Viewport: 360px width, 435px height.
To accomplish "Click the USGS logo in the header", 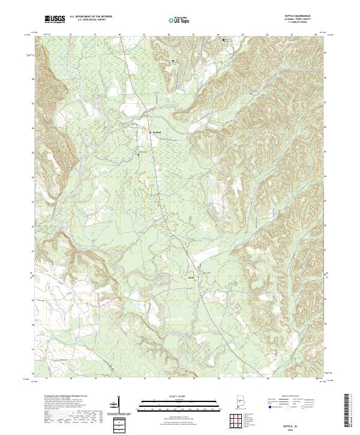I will [55, 19].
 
